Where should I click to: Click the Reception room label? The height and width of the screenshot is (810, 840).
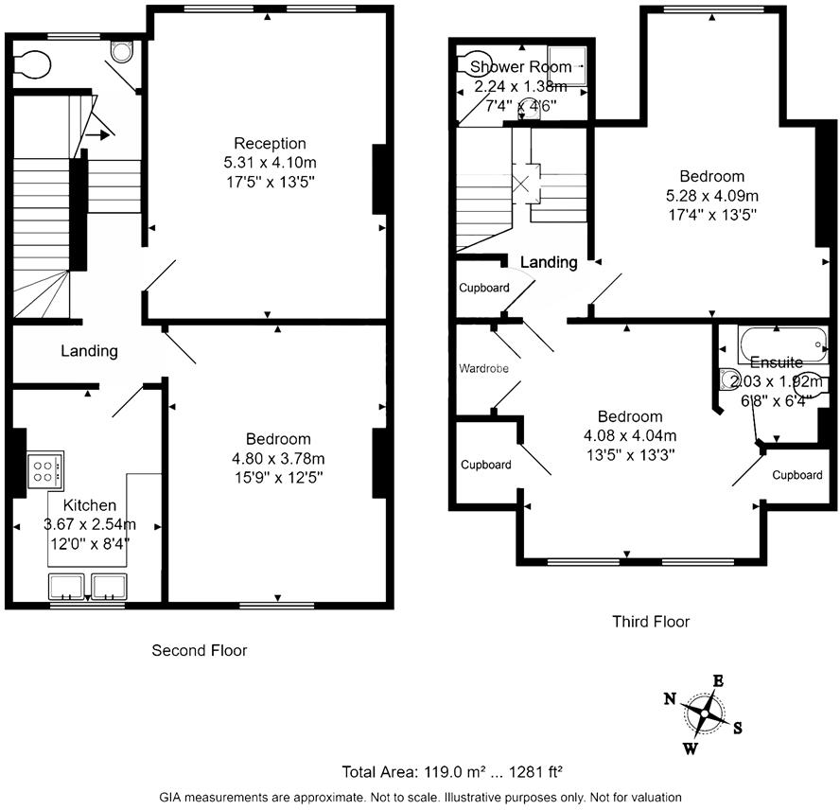pos(270,144)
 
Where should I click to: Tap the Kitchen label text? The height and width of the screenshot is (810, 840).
pos(90,505)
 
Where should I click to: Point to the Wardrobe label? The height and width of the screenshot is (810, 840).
pos(485,367)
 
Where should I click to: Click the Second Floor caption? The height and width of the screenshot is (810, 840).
pos(200,651)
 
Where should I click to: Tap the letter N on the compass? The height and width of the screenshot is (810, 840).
pos(670,699)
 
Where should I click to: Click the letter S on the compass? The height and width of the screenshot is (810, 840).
pos(737,728)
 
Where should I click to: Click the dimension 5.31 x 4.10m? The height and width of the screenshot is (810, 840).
pos(270,163)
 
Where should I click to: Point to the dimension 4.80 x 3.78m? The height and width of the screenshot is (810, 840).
pos(278,459)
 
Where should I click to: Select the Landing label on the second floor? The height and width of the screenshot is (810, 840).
pos(89,351)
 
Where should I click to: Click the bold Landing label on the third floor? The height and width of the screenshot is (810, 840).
pos(549,262)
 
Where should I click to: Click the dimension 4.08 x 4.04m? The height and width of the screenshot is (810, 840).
pos(629,436)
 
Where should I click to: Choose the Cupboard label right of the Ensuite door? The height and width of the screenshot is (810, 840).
pos(796,475)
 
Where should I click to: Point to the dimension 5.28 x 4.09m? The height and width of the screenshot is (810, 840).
pos(712,196)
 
